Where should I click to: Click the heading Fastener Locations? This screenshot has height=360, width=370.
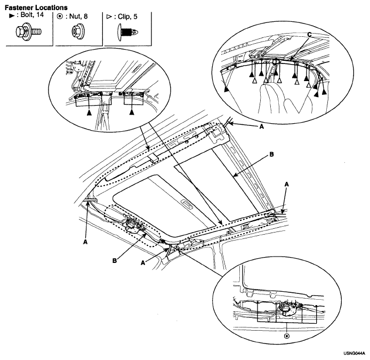pyautogui.click(x=36, y=7)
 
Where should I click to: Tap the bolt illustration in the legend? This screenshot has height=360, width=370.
pyautogui.click(x=29, y=31)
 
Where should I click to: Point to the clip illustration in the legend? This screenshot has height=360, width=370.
pyautogui.click(x=127, y=32)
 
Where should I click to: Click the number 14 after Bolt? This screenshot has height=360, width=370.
pyautogui.click(x=40, y=14)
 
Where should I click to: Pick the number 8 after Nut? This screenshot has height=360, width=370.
pyautogui.click(x=85, y=17)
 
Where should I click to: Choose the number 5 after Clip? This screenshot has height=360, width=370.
pyautogui.click(x=135, y=17)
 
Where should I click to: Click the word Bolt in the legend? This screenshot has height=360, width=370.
pyautogui.click(x=27, y=14)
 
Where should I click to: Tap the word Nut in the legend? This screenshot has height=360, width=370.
pyautogui.click(x=75, y=17)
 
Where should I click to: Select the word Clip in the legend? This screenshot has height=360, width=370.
pyautogui.click(x=125, y=17)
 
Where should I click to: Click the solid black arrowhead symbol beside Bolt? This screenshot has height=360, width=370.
pyautogui.click(x=12, y=16)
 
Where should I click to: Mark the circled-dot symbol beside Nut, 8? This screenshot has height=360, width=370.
pyautogui.click(x=60, y=17)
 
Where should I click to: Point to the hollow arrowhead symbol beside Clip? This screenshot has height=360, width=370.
pyautogui.click(x=109, y=17)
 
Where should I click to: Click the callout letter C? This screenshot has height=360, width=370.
pyautogui.click(x=309, y=35)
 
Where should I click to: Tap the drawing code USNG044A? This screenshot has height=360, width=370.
pyautogui.click(x=354, y=354)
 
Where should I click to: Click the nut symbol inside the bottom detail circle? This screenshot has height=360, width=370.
pyautogui.click(x=287, y=335)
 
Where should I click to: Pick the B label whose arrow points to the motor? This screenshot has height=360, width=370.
pyautogui.click(x=115, y=261)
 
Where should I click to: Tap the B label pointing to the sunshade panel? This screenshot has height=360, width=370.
pyautogui.click(x=271, y=155)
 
